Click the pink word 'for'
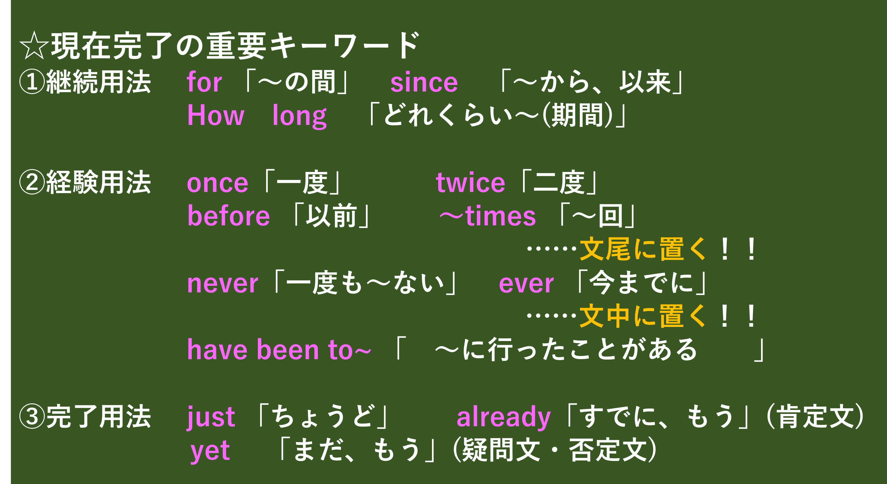(204, 82)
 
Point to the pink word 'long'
(299, 116)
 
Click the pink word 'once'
(217, 183)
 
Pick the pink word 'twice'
(470, 182)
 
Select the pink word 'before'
(228, 216)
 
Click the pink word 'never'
(223, 284)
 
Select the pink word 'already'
(503, 417)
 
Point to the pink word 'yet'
(210, 451)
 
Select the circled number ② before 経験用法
(32, 183)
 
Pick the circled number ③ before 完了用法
(32, 417)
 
